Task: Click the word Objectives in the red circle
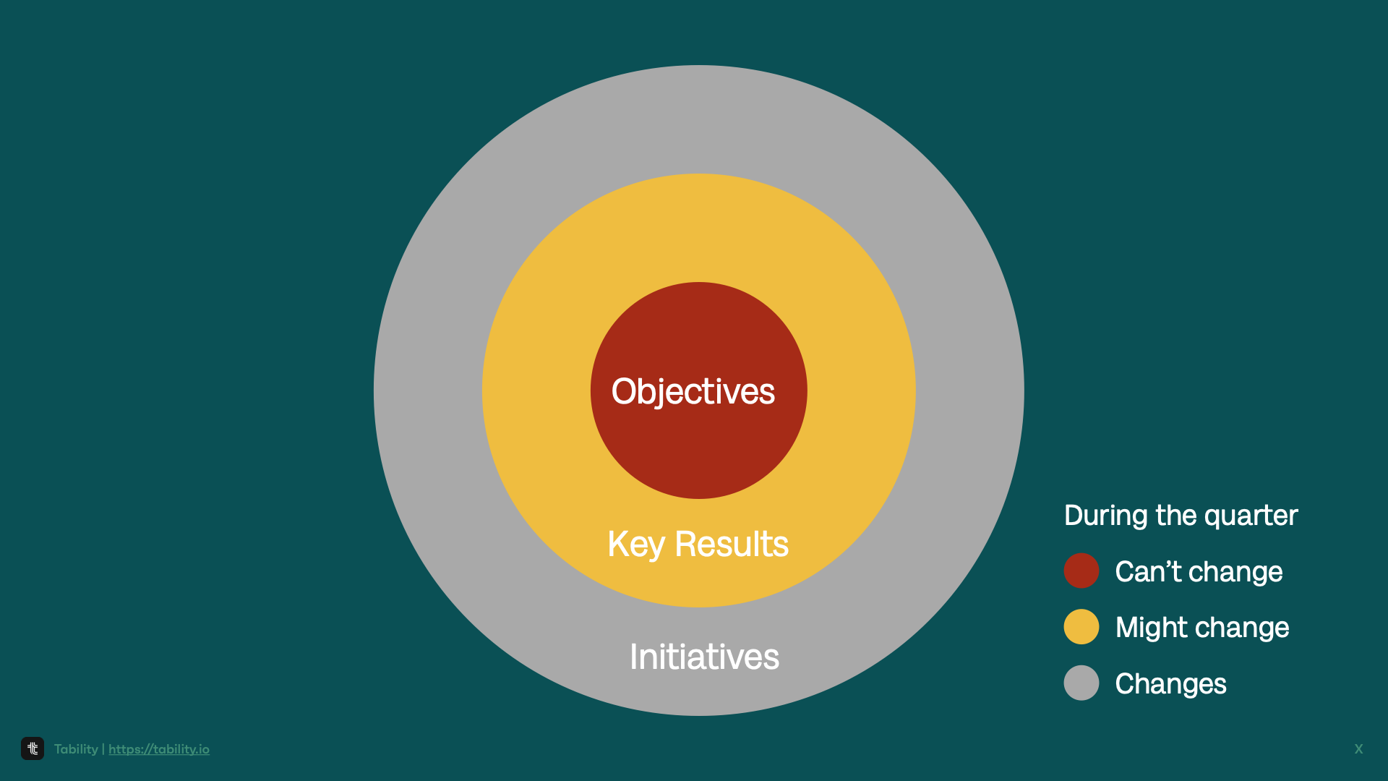coord(693,392)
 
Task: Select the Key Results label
coord(698,545)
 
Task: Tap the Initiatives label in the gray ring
coord(704,657)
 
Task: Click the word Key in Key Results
coord(635,545)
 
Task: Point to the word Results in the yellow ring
coord(731,545)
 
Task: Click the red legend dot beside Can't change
coord(1081,571)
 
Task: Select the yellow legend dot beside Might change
coord(1081,627)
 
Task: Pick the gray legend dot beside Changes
coord(1081,683)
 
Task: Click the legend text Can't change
coord(1199,572)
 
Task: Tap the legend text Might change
coord(1201,628)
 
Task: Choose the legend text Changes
coord(1170,684)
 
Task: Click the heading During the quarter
coord(1181,516)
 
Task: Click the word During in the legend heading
coord(1105,516)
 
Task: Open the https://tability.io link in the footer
coord(159,749)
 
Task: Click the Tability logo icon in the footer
coord(33,748)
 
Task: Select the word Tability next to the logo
coord(76,749)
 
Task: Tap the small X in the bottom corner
coord(1358,749)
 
